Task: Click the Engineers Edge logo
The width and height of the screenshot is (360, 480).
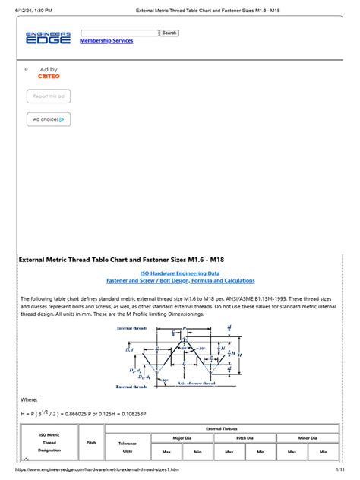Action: tap(49, 37)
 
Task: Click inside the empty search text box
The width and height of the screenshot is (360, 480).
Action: tap(119, 33)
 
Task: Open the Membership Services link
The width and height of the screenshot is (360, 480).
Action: tap(106, 41)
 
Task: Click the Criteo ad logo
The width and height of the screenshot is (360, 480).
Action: tap(49, 77)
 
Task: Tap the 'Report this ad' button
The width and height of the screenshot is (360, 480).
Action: tap(49, 96)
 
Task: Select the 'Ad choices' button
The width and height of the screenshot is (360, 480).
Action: tap(49, 119)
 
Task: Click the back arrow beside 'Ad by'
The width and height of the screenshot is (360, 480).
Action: tap(27, 69)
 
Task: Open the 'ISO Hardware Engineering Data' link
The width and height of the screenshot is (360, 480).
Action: tap(180, 273)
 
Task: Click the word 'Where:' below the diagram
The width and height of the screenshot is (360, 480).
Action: tap(29, 399)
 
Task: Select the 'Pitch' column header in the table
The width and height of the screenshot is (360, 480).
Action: tap(92, 441)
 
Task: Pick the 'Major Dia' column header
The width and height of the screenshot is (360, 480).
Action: tap(180, 438)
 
